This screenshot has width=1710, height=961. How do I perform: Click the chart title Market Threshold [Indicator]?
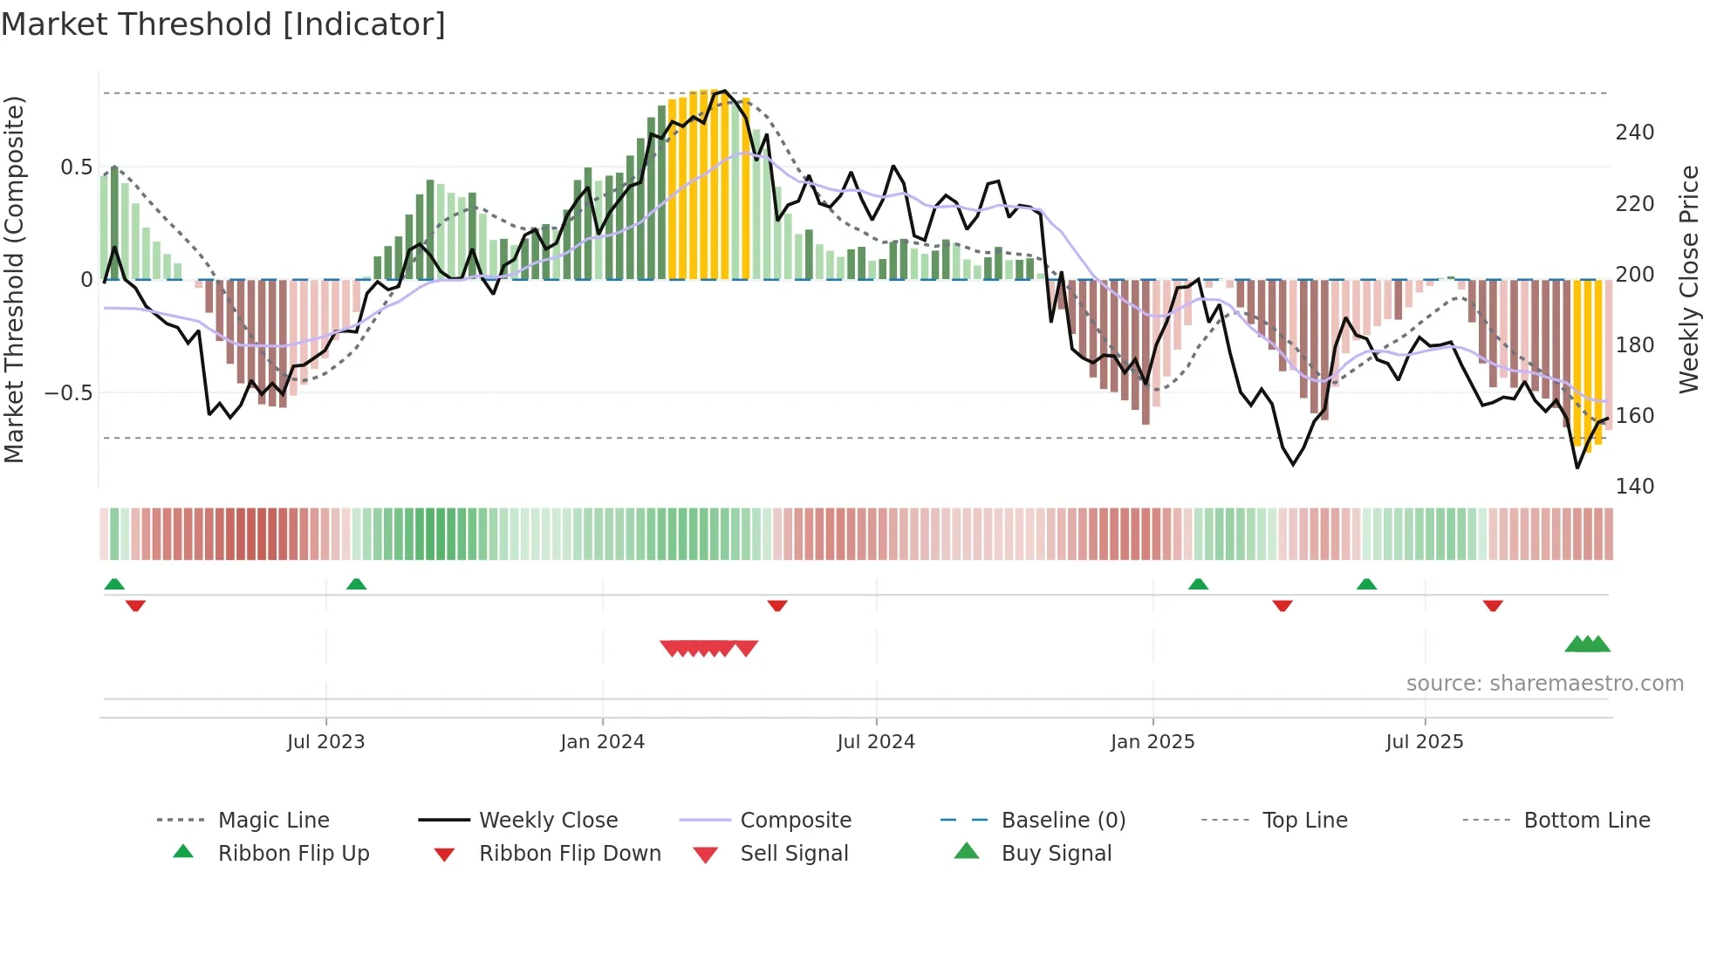223,24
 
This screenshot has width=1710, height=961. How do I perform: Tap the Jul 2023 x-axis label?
325,742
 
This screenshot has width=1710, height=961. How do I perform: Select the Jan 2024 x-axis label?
602,742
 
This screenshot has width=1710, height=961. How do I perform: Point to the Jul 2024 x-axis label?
876,742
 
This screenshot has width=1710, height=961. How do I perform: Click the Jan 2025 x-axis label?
1153,742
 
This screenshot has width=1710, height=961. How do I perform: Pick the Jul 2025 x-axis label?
1424,742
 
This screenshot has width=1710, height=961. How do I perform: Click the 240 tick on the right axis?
1634,133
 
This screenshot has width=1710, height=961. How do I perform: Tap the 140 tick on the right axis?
1634,487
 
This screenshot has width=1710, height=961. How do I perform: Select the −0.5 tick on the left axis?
69,393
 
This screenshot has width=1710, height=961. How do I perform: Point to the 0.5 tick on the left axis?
76,167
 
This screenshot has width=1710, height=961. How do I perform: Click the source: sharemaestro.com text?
1544,684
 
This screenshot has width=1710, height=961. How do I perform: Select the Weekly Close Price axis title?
1689,279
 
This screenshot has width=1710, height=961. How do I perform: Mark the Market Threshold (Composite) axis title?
15,279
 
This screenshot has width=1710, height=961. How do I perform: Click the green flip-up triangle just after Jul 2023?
356,584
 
